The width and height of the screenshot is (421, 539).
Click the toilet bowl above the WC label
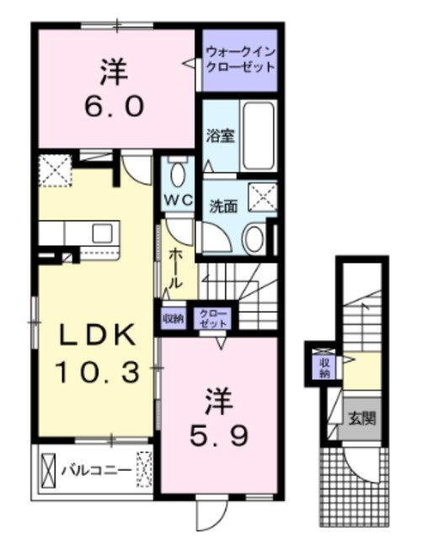point(178,176)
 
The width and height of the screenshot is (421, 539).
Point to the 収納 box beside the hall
point(173,318)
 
